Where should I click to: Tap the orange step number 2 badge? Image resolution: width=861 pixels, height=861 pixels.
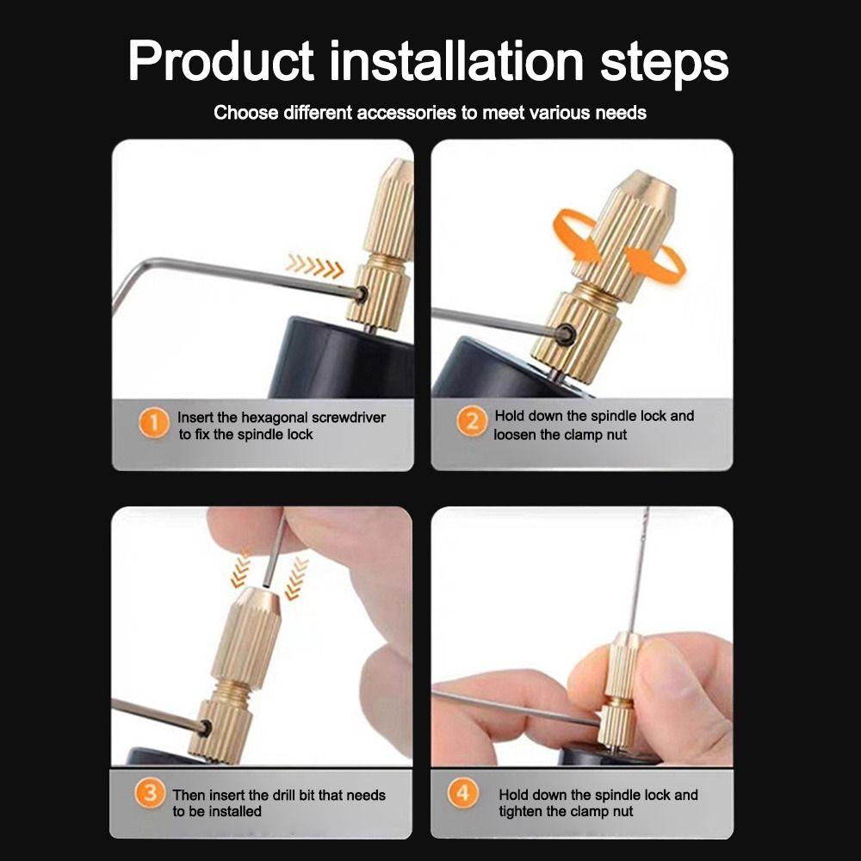tap(472, 423)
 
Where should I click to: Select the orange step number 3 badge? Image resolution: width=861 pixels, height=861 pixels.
tap(151, 793)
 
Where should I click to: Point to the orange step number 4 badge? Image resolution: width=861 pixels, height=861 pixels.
tap(463, 793)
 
